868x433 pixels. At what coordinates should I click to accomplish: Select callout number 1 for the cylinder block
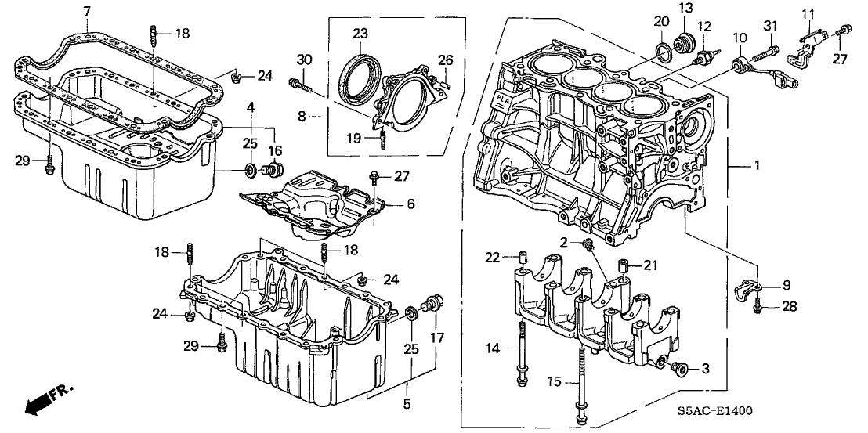tap(756, 167)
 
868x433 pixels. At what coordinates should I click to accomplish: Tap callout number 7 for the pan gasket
tap(86, 10)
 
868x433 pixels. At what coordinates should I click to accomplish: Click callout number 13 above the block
tap(685, 9)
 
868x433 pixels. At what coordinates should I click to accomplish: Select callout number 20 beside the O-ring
tap(661, 21)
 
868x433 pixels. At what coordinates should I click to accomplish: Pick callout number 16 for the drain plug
tap(275, 150)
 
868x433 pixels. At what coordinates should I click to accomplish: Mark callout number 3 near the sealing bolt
tap(704, 368)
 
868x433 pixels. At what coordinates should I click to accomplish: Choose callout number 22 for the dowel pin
tap(491, 258)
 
